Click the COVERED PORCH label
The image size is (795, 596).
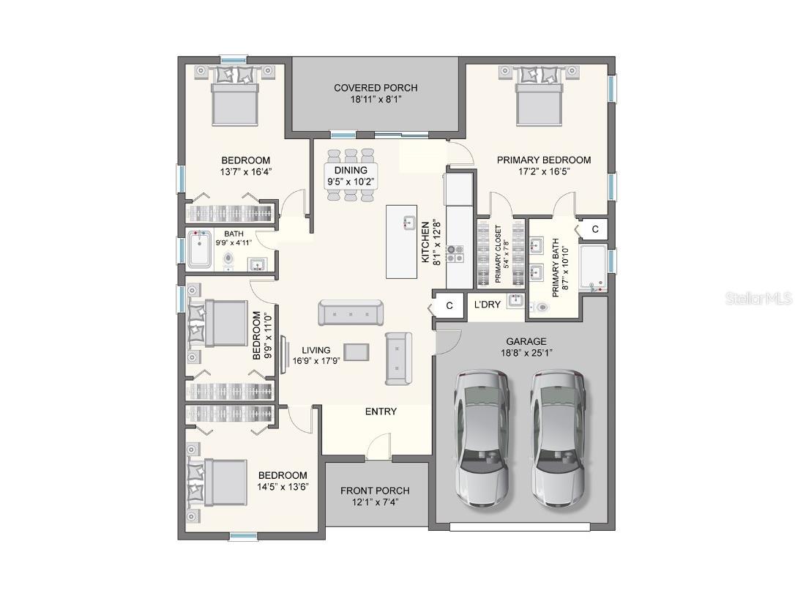(x=376, y=88)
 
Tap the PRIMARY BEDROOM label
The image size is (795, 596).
(x=543, y=160)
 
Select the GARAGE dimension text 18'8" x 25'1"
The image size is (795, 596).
(x=526, y=353)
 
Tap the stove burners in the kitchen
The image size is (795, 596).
(x=455, y=253)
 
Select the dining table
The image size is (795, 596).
(x=351, y=176)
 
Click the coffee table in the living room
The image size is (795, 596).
(x=357, y=351)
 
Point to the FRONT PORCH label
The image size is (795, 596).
(x=375, y=491)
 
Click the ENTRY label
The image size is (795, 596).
(x=381, y=411)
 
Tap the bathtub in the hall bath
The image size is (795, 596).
(x=199, y=250)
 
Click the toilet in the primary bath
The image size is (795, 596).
(x=540, y=307)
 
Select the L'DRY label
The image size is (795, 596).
(x=488, y=305)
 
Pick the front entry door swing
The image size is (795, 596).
(x=378, y=447)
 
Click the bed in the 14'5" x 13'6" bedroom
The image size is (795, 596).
(x=217, y=483)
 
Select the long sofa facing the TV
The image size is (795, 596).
(x=351, y=313)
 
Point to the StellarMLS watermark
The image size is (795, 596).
(x=759, y=298)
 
